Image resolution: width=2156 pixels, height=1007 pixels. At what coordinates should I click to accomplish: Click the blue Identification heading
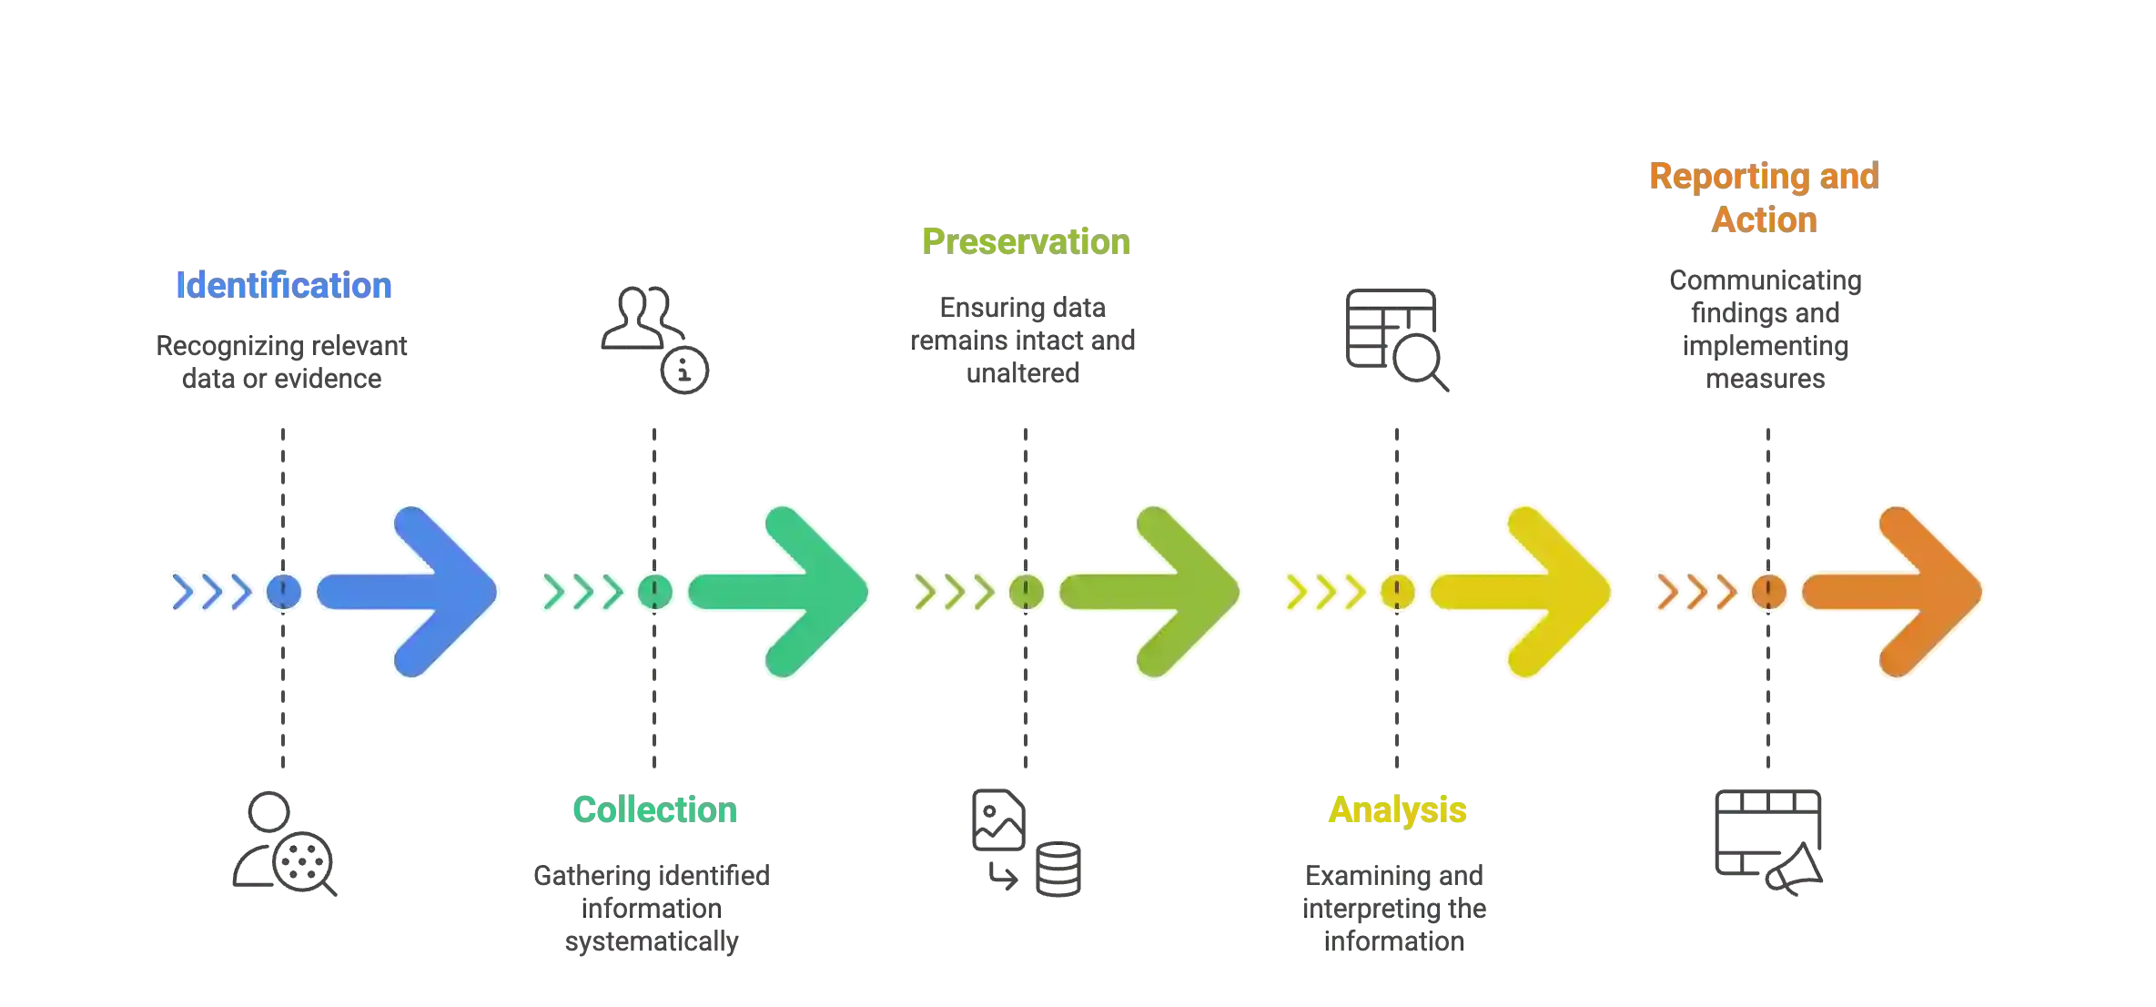[x=283, y=285]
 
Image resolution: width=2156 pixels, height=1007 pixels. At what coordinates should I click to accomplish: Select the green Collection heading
[x=655, y=809]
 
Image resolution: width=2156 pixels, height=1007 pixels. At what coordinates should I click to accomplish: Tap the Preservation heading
[x=1027, y=241]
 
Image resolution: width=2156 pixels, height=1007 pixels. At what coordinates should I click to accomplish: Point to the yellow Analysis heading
[x=1398, y=809]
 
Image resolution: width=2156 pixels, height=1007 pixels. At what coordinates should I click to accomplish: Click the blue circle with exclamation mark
[x=284, y=593]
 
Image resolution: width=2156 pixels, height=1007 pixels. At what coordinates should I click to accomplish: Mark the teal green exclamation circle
[x=654, y=593]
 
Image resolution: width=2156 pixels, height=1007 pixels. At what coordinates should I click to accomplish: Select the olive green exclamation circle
[x=1027, y=593]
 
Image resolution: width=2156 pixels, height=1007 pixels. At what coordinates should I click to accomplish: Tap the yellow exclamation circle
[x=1397, y=593]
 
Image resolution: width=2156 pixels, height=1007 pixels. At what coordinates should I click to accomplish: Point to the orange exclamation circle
[x=1768, y=593]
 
